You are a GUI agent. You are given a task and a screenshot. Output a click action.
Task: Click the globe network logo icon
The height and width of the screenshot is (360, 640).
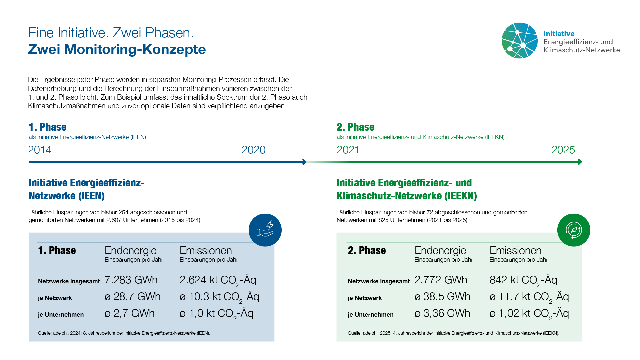tap(520, 41)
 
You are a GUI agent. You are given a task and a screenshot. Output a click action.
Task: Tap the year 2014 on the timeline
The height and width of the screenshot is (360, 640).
tap(40, 150)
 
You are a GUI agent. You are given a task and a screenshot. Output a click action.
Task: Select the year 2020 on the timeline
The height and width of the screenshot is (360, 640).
tap(253, 150)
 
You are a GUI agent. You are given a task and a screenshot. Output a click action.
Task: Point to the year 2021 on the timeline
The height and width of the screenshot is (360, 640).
tap(348, 150)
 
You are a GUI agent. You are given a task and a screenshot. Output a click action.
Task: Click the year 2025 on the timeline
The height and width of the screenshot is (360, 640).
tap(563, 150)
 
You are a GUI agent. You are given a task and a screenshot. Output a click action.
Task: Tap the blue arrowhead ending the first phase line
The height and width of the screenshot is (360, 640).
tap(304, 162)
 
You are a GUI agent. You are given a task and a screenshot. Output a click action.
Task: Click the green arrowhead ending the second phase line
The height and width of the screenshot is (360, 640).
tap(580, 162)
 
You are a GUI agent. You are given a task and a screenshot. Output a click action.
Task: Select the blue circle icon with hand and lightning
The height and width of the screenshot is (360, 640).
tap(265, 230)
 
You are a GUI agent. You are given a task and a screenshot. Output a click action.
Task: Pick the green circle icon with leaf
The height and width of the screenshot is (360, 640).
tap(574, 230)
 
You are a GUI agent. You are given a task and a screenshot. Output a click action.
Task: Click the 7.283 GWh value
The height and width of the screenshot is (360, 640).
tap(131, 280)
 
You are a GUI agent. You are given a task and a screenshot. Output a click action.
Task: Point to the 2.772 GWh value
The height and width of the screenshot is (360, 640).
tap(441, 280)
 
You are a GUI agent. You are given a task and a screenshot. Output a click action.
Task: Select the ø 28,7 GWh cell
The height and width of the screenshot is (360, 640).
tap(133, 297)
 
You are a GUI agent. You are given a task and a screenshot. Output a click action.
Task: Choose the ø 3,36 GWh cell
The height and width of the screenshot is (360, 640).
tap(442, 313)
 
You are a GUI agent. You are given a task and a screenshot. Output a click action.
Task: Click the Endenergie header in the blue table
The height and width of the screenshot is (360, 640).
tap(131, 251)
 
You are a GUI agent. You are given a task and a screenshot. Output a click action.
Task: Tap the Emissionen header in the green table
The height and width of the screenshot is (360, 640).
tap(515, 251)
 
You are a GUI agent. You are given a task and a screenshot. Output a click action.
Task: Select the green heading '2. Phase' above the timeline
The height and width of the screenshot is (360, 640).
tap(355, 127)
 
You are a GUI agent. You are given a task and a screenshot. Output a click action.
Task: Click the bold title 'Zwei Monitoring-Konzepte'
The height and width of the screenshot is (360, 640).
tap(117, 49)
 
